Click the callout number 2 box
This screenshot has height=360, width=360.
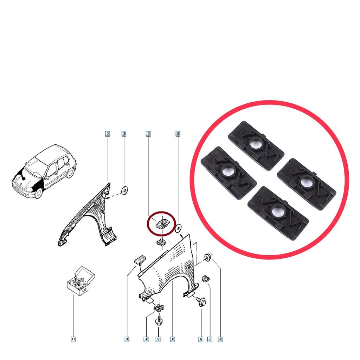107,134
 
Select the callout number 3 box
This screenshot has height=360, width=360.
148,134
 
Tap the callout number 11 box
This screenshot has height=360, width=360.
73,339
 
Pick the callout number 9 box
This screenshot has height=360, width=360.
127,339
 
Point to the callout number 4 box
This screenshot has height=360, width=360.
146,339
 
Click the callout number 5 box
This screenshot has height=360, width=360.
158,339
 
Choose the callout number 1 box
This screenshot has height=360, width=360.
172,339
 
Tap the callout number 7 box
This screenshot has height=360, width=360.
210,339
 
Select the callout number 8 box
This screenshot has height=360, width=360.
220,339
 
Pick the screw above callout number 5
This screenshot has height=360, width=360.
158,321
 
